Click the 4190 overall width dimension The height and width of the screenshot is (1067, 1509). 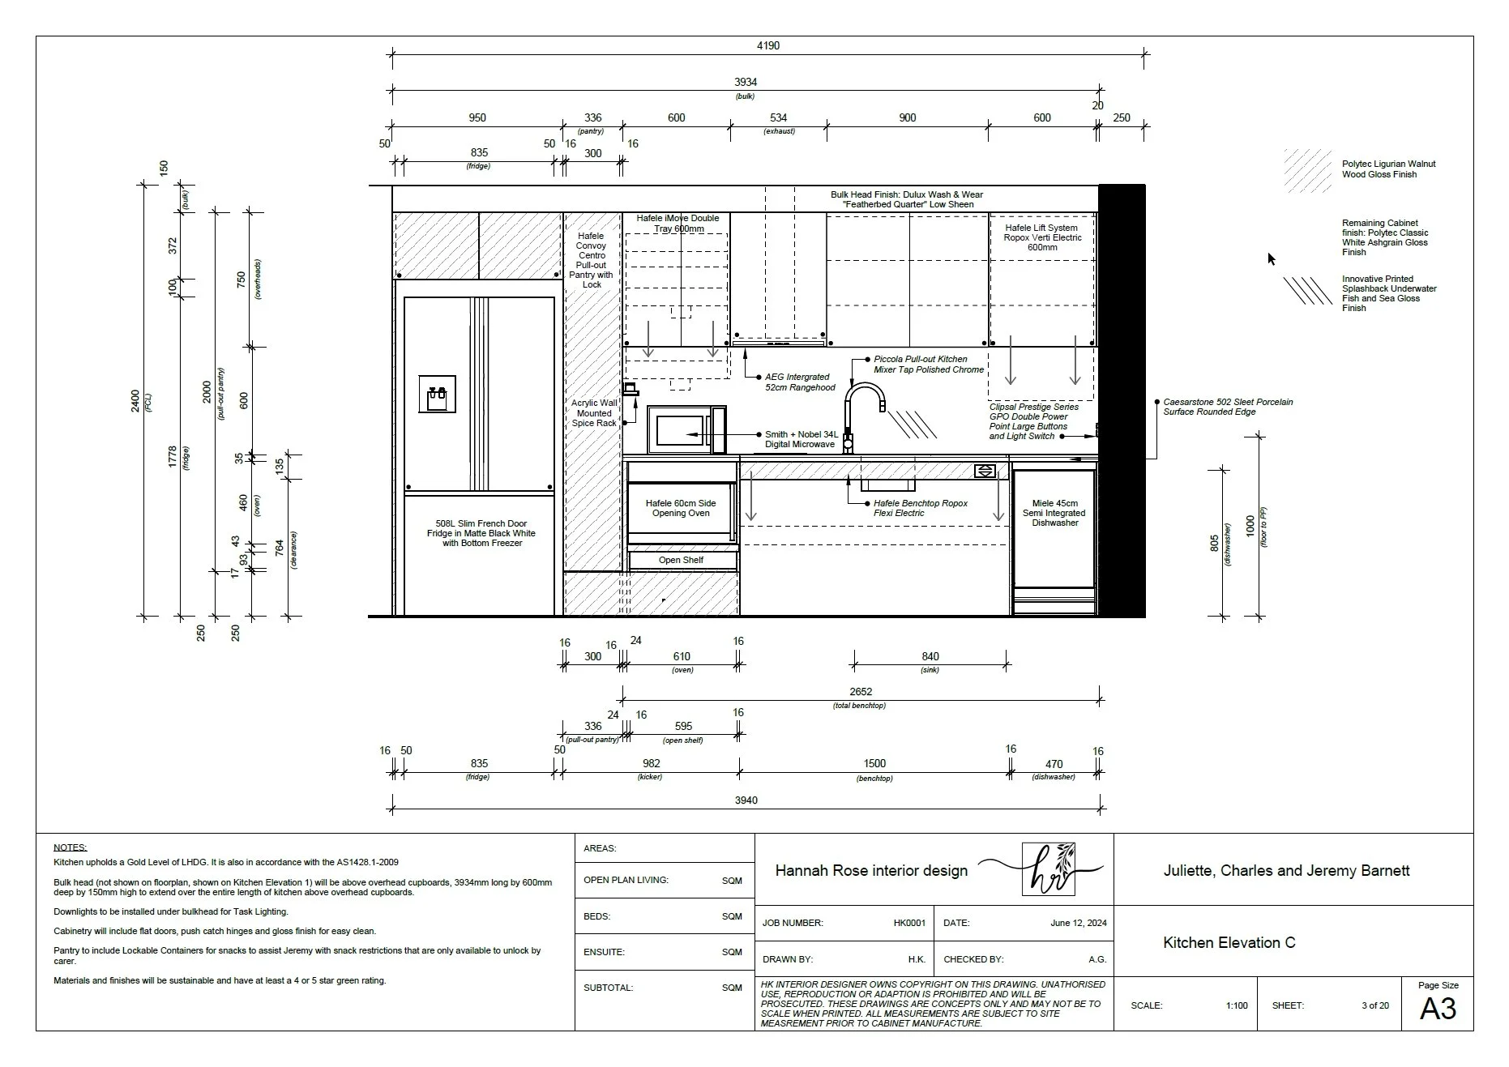tap(767, 46)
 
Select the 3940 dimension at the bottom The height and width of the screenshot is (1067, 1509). tap(746, 800)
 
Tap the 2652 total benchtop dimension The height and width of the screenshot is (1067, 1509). tap(861, 692)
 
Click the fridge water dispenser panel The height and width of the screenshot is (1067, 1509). tap(437, 395)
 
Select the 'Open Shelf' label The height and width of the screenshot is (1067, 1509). tap(681, 560)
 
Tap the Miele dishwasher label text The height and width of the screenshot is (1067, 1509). tap(1054, 513)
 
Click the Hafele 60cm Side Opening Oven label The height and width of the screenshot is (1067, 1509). tap(681, 508)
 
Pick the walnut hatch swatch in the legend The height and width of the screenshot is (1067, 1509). tap(1307, 170)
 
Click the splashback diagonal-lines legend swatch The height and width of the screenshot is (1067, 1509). tap(1307, 291)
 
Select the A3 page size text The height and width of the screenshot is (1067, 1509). tap(1438, 1009)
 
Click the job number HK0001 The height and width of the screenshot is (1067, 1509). tap(909, 923)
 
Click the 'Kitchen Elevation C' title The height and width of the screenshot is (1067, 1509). tap(1229, 943)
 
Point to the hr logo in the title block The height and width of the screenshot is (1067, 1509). tap(1048, 869)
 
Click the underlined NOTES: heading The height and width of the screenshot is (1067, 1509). tap(70, 847)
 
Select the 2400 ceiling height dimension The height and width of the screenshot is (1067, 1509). tap(135, 400)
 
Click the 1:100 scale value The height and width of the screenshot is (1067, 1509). tap(1237, 1005)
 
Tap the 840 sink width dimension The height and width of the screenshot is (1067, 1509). tap(930, 657)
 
